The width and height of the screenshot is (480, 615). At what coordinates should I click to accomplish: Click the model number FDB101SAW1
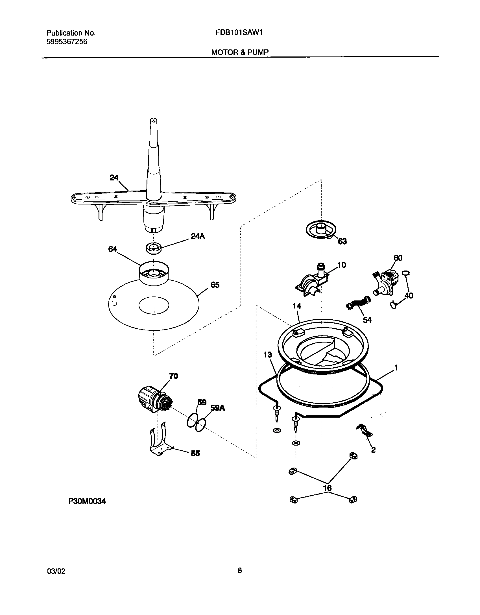pyautogui.click(x=239, y=32)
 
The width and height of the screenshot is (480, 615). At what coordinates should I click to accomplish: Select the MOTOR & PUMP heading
pyautogui.click(x=240, y=52)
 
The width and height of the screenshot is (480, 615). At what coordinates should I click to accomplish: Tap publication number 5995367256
pyautogui.click(x=67, y=42)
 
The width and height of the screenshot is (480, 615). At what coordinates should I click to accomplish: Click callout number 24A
pyautogui.click(x=198, y=236)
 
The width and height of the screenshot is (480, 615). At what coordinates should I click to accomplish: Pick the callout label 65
pyautogui.click(x=215, y=285)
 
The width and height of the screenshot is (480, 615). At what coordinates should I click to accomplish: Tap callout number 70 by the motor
pyautogui.click(x=173, y=376)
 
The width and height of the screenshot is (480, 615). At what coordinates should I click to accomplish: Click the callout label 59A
pyautogui.click(x=217, y=408)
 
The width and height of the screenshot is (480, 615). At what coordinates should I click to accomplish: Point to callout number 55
pyautogui.click(x=195, y=453)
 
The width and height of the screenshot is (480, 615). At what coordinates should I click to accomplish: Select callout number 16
pyautogui.click(x=327, y=488)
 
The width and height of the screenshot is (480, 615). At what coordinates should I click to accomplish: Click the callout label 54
pyautogui.click(x=367, y=320)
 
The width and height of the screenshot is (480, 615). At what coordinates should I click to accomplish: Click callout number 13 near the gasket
pyautogui.click(x=267, y=355)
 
